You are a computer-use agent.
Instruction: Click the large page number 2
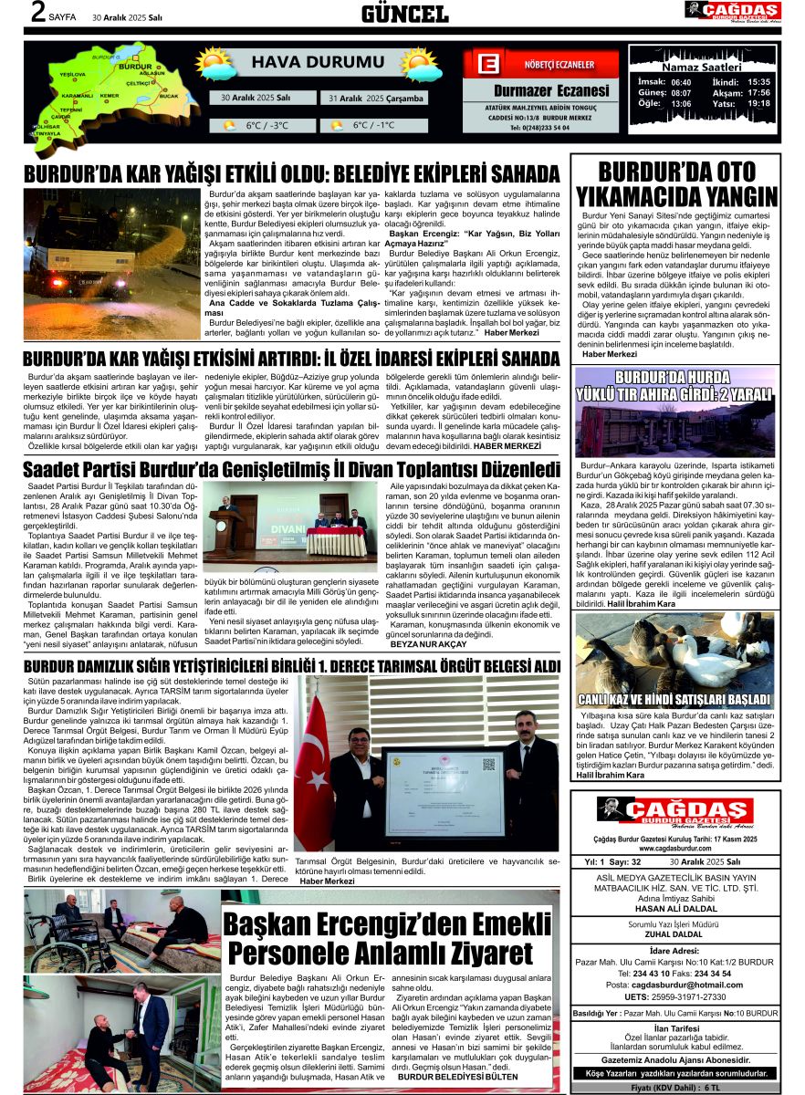tap(37, 14)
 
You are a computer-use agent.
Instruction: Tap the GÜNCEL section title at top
tap(404, 14)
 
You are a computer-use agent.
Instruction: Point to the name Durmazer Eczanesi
tap(550, 90)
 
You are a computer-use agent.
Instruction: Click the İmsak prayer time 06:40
tap(681, 82)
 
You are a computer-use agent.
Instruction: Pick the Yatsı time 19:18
tap(758, 104)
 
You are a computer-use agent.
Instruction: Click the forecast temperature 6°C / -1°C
tap(373, 125)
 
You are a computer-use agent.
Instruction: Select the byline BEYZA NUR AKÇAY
tap(428, 644)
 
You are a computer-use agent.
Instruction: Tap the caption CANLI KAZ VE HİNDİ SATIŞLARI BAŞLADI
tap(675, 700)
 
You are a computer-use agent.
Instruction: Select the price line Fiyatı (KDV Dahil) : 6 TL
tap(674, 1089)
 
